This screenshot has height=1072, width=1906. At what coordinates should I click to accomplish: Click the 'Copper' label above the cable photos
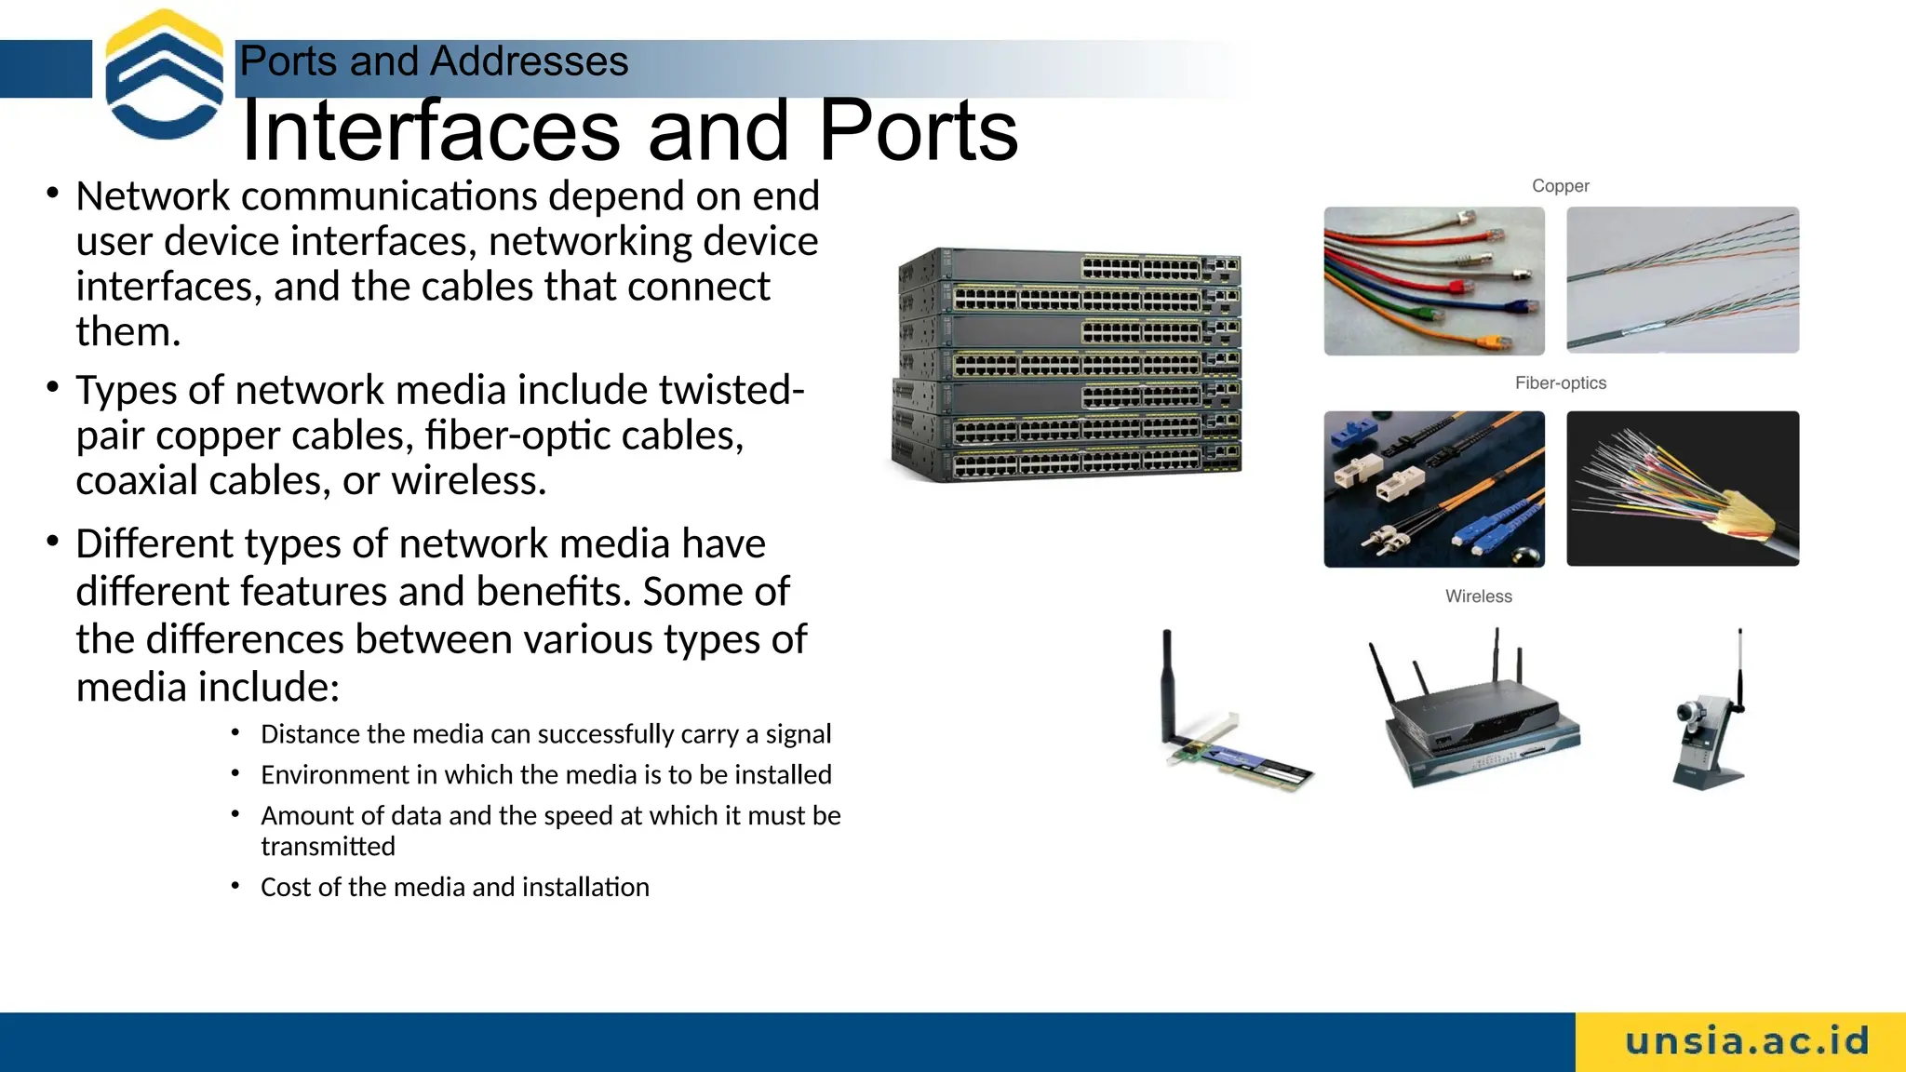tap(1560, 186)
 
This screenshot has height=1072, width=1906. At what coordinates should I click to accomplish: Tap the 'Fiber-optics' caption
tap(1560, 383)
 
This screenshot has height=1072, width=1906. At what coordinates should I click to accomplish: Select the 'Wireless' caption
tap(1478, 596)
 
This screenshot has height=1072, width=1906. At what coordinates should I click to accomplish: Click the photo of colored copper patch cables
tap(1433, 281)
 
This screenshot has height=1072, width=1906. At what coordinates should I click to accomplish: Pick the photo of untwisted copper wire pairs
tap(1682, 280)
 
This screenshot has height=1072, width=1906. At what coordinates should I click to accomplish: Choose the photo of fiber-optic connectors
tap(1433, 489)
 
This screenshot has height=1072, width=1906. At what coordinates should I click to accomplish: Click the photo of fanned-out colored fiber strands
tap(1682, 489)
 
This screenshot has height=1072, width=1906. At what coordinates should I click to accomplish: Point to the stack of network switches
tap(1067, 365)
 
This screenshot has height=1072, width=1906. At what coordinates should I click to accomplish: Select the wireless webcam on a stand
tap(1711, 726)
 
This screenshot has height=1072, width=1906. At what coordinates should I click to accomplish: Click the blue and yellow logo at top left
tap(165, 74)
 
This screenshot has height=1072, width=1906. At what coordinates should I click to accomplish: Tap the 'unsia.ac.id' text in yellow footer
tap(1747, 1041)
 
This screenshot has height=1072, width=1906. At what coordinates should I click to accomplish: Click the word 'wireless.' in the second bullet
tap(468, 480)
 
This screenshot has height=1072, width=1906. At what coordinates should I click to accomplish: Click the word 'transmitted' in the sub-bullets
tap(328, 847)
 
